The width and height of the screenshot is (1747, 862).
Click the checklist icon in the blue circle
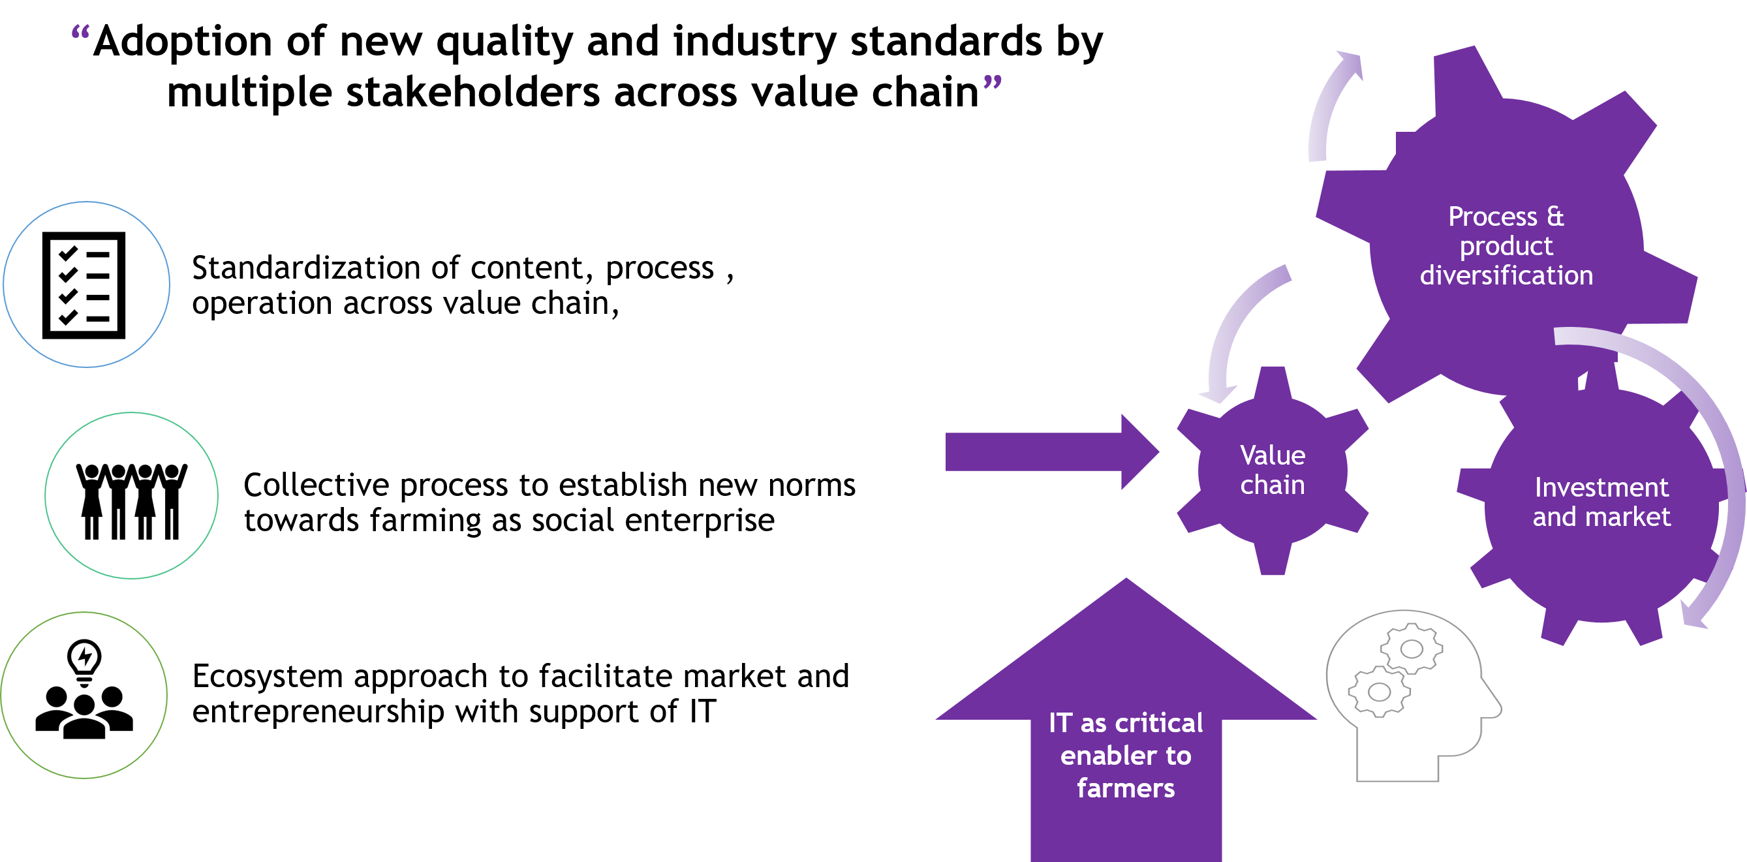(x=84, y=285)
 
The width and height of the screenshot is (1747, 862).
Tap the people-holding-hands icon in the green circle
(x=132, y=501)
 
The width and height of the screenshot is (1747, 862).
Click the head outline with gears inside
(x=1414, y=696)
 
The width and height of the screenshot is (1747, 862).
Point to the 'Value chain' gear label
(x=1273, y=470)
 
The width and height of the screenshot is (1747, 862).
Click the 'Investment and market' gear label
(x=1601, y=502)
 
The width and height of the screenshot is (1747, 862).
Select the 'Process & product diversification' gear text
(x=1506, y=245)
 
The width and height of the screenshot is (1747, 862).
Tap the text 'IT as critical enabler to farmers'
(x=1126, y=756)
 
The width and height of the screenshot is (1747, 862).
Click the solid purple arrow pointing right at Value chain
(x=1052, y=452)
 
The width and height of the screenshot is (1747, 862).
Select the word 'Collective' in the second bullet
(x=317, y=485)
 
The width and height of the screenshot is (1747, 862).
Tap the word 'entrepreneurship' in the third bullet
(x=318, y=712)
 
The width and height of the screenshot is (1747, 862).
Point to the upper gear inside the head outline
(x=1412, y=649)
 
